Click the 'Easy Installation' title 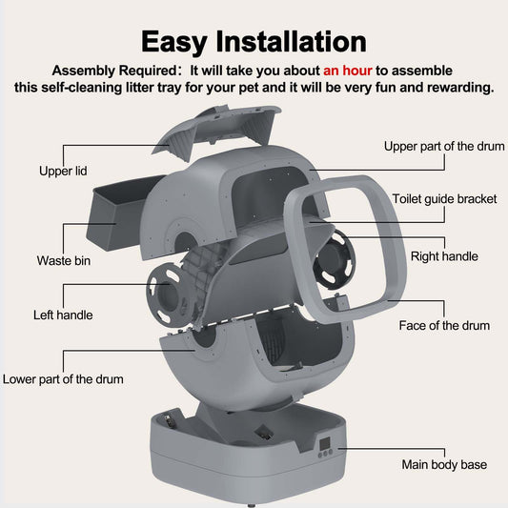pyautogui.click(x=254, y=42)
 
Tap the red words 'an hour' pyautogui.click(x=348, y=71)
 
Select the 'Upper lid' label pyautogui.click(x=63, y=171)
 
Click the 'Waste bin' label pyautogui.click(x=64, y=260)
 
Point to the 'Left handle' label pyautogui.click(x=63, y=315)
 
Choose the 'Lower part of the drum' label pyautogui.click(x=63, y=379)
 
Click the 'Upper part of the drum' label pyautogui.click(x=444, y=146)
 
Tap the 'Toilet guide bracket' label pyautogui.click(x=444, y=199)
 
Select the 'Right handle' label pyautogui.click(x=444, y=256)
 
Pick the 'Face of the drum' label pyautogui.click(x=444, y=325)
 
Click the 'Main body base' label pyautogui.click(x=444, y=464)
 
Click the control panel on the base pyautogui.click(x=325, y=447)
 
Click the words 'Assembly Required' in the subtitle pyautogui.click(x=114, y=71)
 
